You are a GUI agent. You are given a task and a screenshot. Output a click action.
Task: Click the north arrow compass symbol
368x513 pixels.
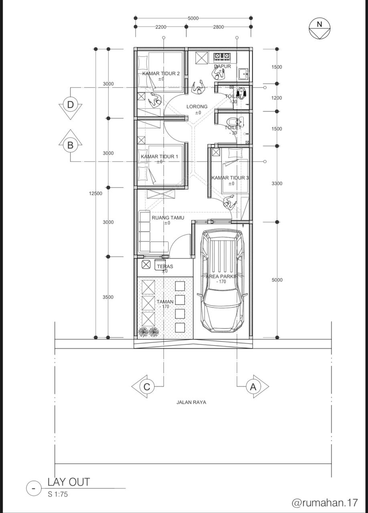pos(319,28)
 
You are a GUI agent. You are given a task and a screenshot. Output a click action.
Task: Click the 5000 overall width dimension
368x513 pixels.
pos(193,18)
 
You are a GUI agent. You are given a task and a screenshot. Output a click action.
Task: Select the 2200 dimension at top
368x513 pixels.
pos(161,27)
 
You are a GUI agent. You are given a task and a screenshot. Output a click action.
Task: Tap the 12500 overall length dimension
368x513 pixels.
pos(95,194)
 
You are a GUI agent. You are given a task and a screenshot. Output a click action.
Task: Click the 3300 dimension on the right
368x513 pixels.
pos(277,184)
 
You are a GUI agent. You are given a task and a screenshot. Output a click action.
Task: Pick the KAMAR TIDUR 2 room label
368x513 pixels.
pos(161,73)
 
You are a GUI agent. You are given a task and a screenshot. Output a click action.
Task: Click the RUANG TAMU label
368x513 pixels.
pos(168,218)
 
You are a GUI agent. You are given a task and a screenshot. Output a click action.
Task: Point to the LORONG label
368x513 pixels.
pos(197,107)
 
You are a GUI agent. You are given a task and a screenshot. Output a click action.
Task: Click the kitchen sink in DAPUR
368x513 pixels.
pos(243,74)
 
